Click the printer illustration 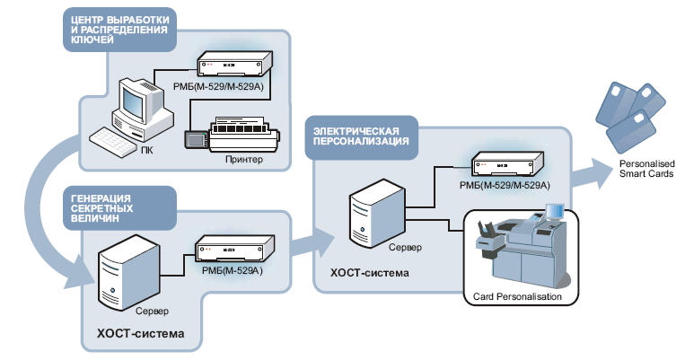point(232,134)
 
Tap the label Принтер point(244,160)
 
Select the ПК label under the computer point(146,151)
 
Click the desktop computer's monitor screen point(133,101)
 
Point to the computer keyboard point(113,142)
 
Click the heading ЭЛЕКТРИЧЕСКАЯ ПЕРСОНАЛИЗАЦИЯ point(361,136)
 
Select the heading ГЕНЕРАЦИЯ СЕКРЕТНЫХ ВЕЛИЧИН point(101,208)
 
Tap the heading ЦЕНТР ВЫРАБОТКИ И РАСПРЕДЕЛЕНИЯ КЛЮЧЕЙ point(119,30)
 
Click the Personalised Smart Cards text point(646,169)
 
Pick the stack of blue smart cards point(630,115)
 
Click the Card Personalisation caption point(517,296)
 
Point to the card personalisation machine point(521,246)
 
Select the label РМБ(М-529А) point(232,270)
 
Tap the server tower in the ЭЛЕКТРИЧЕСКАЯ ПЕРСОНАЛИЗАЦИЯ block point(377,214)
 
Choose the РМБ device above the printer point(234,65)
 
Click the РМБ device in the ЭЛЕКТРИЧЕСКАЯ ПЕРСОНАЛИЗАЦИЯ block point(507,164)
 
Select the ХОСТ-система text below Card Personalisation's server point(370,273)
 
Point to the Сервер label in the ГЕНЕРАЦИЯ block point(152,312)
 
